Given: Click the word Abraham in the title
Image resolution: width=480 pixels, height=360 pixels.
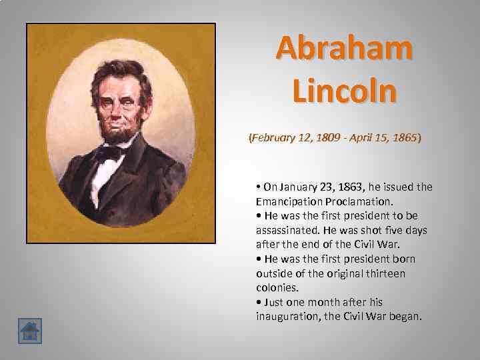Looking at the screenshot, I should point(344,48).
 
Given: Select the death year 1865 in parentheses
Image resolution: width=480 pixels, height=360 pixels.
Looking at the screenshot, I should point(402,137).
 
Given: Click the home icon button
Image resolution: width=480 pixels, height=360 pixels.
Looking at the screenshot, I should point(30,331).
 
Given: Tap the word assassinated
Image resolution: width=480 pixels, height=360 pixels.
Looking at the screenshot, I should point(286,230).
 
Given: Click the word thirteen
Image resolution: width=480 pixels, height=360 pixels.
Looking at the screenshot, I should point(387,273).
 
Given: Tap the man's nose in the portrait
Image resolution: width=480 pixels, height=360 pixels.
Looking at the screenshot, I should point(117,106).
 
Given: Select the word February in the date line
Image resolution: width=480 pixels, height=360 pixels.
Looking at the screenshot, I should point(273,137).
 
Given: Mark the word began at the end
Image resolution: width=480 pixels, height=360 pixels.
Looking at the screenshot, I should point(406,316).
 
